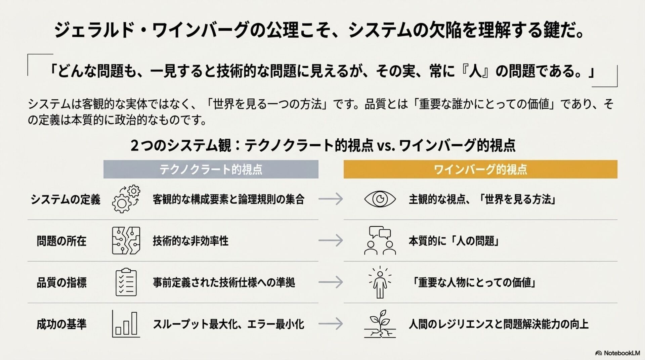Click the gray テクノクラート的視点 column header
211,169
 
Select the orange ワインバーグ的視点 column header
480,169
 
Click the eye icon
380,199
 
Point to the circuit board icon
126,240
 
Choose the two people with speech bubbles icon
380,240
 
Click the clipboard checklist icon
126,282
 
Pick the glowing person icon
380,282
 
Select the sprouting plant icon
380,324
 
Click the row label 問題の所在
61,241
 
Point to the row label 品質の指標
61,282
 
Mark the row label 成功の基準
61,324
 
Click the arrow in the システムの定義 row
331,199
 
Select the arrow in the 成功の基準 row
331,324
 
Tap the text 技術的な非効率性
190,241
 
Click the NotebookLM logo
617,353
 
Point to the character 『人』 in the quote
475,72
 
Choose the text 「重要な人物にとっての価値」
474,282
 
